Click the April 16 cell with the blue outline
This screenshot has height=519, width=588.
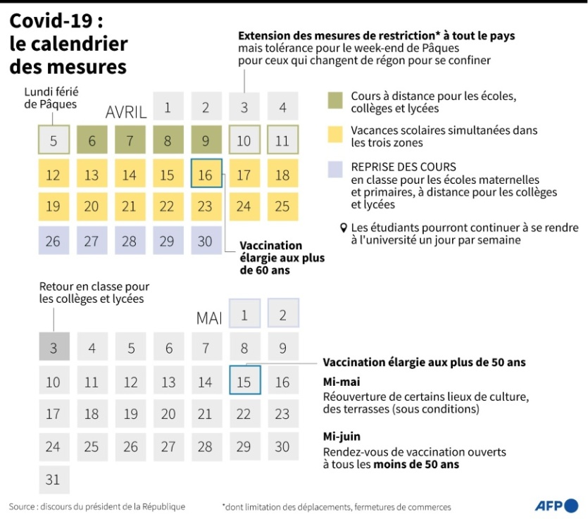click(x=206, y=174)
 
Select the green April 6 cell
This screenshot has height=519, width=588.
click(x=92, y=140)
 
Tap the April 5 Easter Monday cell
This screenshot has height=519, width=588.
click(x=54, y=140)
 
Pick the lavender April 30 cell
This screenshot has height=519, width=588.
click(x=206, y=240)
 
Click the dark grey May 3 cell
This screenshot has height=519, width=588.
click(x=54, y=347)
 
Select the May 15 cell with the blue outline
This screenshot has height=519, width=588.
click(x=244, y=381)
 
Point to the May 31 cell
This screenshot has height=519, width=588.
click(x=54, y=480)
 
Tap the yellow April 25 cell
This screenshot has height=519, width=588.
click(x=282, y=206)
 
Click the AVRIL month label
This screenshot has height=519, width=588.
click(x=126, y=113)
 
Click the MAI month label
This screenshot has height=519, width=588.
click(x=209, y=318)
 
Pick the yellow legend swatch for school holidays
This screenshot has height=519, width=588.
click(x=336, y=135)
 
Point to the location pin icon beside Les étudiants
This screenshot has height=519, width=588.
click(x=344, y=228)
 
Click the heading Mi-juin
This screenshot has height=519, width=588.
click(x=342, y=437)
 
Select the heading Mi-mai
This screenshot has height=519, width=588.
click(x=342, y=382)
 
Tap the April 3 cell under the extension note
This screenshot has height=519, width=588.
click(x=244, y=108)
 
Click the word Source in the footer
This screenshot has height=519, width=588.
click(x=23, y=506)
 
